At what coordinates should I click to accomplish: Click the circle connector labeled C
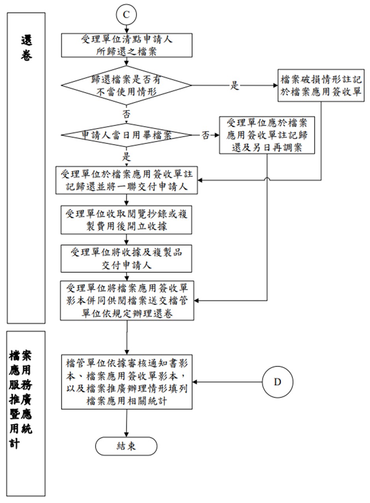[126, 15]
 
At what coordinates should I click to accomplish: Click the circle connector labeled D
[277, 382]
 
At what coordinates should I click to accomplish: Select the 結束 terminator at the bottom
[126, 446]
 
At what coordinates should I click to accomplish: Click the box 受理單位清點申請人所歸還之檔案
[126, 45]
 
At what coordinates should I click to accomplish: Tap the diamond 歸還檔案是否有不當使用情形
[126, 85]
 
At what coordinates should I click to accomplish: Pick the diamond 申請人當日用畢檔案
[126, 135]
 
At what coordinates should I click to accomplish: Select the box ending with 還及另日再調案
[267, 135]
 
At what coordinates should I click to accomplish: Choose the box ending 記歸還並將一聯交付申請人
[126, 180]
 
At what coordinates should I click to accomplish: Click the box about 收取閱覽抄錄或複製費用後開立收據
[126, 219]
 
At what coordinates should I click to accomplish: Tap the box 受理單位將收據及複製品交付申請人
[126, 258]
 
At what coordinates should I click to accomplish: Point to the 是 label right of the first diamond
[234, 86]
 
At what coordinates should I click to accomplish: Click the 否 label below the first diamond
[126, 114]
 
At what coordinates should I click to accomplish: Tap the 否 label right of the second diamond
[206, 135]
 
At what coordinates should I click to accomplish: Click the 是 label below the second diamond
[126, 156]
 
